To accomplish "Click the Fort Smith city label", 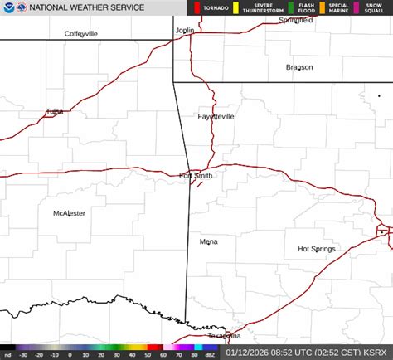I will click(x=196, y=175).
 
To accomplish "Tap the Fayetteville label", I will click(x=216, y=116).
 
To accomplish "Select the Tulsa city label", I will click(x=55, y=111).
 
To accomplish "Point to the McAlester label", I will click(x=69, y=213).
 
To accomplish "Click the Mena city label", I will click(x=208, y=241).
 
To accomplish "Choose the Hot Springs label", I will click(x=316, y=249).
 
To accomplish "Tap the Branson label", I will click(x=299, y=67).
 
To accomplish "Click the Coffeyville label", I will click(x=81, y=34).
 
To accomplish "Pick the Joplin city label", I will click(x=184, y=31).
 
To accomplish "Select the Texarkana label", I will click(x=224, y=336).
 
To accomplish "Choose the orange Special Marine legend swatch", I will click(x=323, y=8).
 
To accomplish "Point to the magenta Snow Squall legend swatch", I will click(x=357, y=8).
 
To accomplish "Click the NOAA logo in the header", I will click(x=7, y=7).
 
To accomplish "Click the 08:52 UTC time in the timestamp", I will click(x=287, y=353).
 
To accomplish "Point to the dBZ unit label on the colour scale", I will click(x=210, y=354).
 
